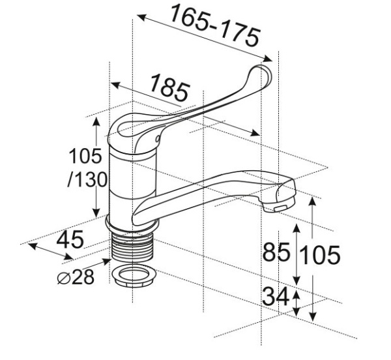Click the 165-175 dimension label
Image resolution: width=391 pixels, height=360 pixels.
pos(215,25)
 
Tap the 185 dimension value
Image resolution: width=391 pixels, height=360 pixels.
pos(169,88)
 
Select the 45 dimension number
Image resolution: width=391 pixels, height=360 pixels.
pos(70,239)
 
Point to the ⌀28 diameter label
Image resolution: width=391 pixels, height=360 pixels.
pos(76,277)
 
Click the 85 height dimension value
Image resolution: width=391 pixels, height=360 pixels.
pos(276,252)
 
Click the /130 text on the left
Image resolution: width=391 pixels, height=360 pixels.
pos(87,179)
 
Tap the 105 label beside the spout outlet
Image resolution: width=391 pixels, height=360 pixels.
pos(320,254)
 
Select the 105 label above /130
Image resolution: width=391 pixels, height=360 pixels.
pos(85,156)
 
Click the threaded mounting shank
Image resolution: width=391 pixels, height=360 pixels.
pos(132,248)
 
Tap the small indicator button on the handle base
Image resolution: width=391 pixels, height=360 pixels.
pos(157,139)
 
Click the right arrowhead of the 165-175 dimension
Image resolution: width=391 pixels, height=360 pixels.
pos(268,59)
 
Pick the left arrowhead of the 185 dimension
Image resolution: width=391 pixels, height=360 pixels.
pos(115,85)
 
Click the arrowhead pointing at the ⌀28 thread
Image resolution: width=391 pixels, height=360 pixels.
pos(107,262)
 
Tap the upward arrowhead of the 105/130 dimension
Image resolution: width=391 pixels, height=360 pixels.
pos(96,121)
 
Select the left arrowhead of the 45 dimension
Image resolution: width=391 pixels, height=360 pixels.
pos(33,246)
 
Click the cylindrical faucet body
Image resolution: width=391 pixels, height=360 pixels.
pos(133,185)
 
